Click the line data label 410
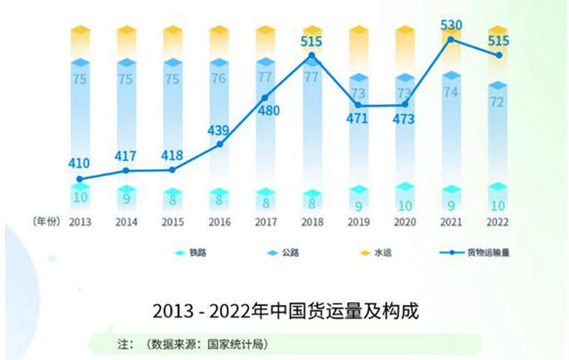coord(80,164)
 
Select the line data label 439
coord(219,130)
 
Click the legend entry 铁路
coord(195,252)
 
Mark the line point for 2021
coord(453,39)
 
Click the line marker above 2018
coord(312,55)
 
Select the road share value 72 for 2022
coord(499,102)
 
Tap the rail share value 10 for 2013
coord(80,196)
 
